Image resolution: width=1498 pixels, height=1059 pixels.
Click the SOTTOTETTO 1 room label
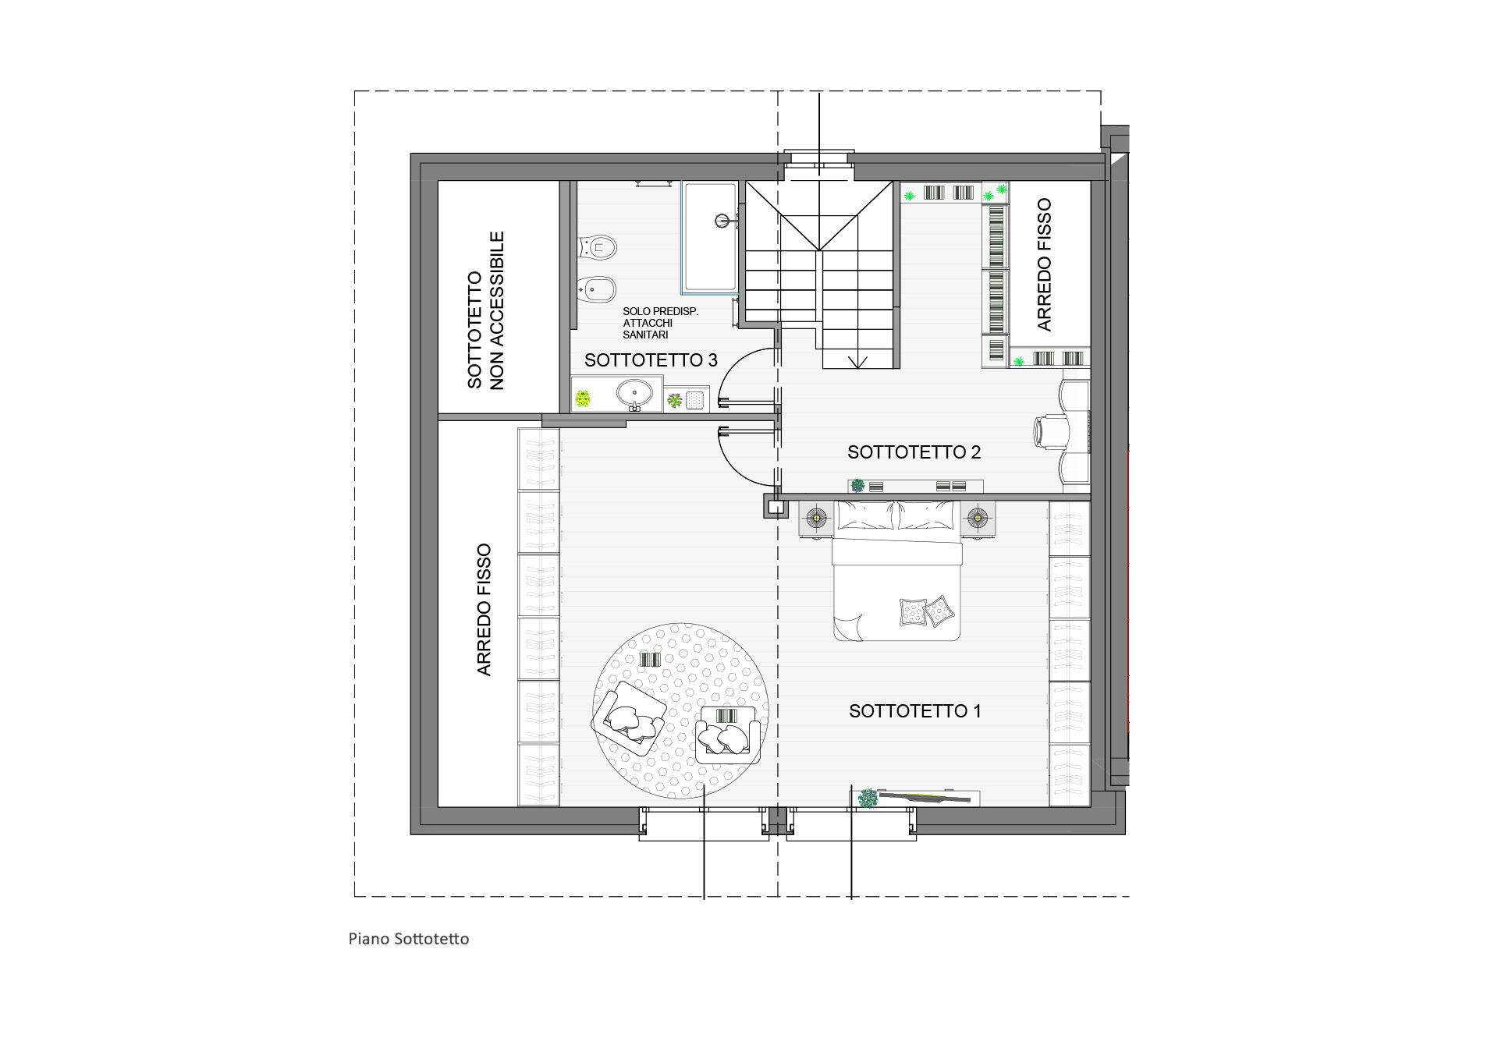coord(914,711)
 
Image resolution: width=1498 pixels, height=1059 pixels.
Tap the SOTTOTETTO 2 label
coord(914,452)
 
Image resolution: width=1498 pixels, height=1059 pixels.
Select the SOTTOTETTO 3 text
coord(651,360)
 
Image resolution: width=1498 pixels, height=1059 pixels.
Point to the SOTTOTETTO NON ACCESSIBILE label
coord(485,310)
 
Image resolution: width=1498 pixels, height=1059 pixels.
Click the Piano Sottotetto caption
coord(409,939)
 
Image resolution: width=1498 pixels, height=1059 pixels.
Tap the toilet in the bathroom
coord(597,249)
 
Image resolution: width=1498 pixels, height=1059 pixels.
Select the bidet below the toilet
coord(597,291)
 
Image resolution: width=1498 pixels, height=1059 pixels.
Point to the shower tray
coord(709,238)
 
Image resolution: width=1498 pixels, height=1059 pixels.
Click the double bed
coord(896,571)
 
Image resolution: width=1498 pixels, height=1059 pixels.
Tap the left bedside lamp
coord(816,517)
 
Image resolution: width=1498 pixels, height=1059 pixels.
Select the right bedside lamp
coord(978,517)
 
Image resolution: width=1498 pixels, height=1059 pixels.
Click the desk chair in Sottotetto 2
coord(1051,431)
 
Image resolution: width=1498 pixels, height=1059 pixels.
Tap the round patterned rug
coord(680,710)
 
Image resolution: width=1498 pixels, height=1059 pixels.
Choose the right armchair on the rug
coord(727,735)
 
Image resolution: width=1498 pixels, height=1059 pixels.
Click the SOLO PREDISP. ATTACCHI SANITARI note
coord(660,323)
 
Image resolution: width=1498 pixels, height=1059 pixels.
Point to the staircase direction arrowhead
coord(858,363)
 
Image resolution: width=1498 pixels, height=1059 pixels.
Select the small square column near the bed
coord(776,507)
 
